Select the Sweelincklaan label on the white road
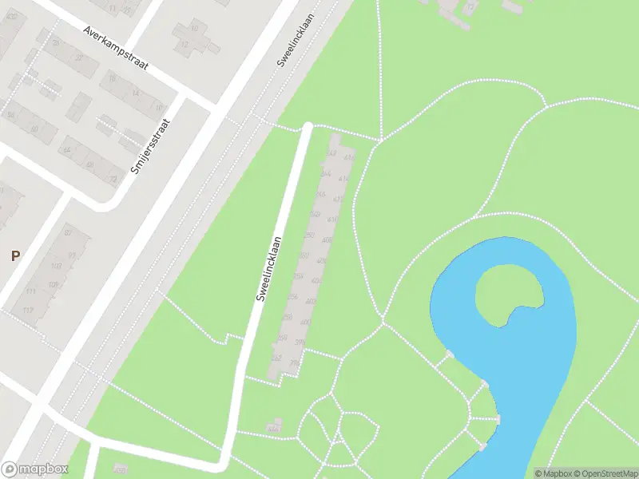269,268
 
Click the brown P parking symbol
14,255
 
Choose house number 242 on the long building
332,152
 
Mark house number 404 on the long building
316,280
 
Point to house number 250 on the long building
309,236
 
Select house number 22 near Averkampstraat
79,57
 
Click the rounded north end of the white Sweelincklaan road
308,125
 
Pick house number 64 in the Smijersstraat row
66,150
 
